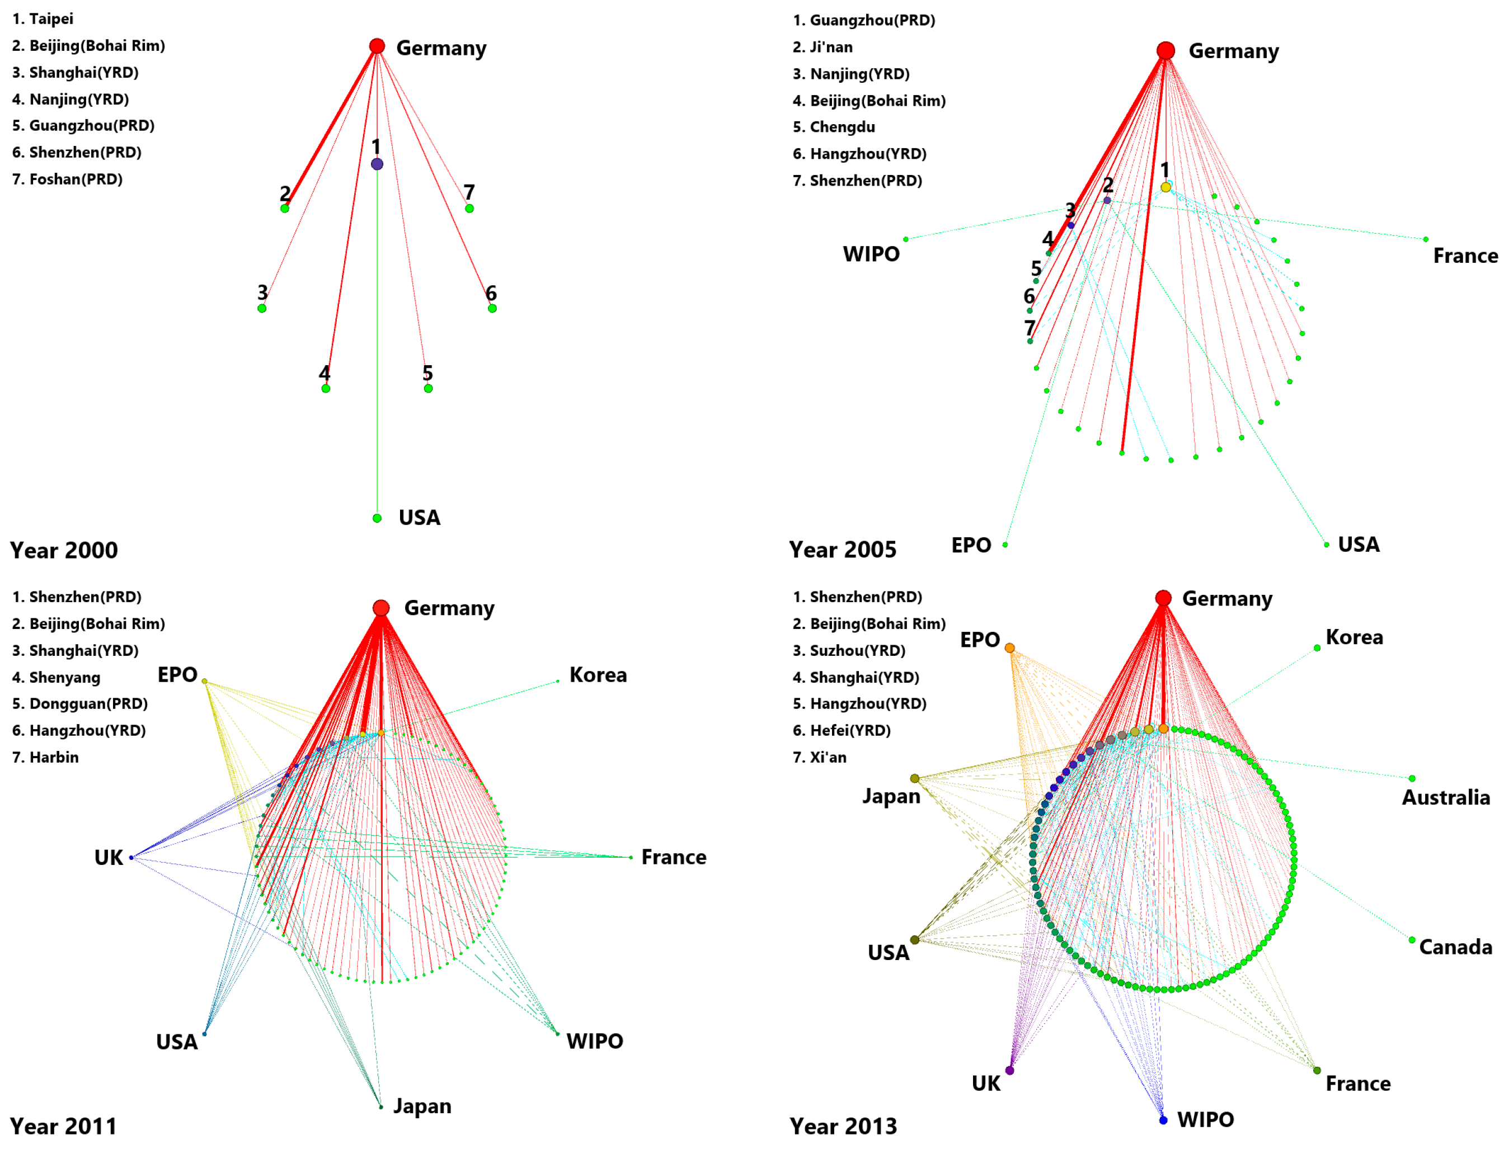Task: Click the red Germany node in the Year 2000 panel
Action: click(x=377, y=46)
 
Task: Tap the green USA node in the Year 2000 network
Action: click(x=377, y=518)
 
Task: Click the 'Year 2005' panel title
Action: click(x=842, y=549)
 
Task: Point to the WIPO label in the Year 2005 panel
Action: click(x=871, y=254)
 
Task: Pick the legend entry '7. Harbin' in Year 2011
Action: click(x=45, y=757)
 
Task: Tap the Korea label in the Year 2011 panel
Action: click(x=598, y=675)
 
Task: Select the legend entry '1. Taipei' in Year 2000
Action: click(x=43, y=19)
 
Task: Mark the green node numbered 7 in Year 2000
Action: click(x=469, y=208)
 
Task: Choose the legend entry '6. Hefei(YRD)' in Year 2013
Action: click(x=841, y=730)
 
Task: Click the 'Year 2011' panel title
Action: click(x=63, y=1126)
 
